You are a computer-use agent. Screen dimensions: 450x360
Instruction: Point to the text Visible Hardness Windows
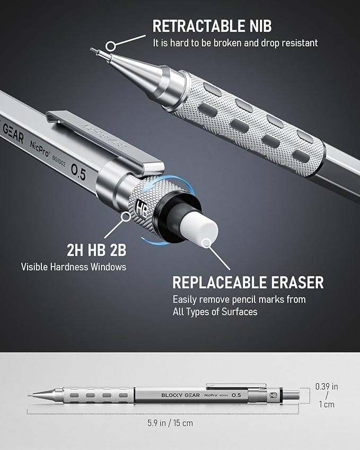pos(74,266)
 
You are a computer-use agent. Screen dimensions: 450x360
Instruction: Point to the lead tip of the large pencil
pos(93,50)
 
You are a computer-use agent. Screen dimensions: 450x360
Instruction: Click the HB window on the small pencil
pos(274,395)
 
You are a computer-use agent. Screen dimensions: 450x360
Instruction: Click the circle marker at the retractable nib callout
pos(111,46)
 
